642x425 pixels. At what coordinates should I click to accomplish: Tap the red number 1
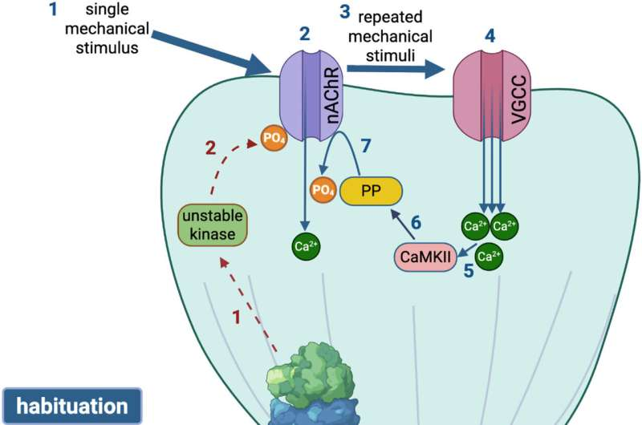(x=237, y=318)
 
